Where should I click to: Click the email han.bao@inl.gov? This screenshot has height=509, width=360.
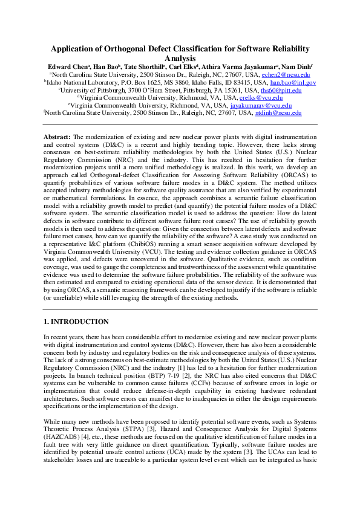tap(293, 82)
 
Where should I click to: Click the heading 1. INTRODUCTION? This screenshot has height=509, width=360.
tap(77, 322)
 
